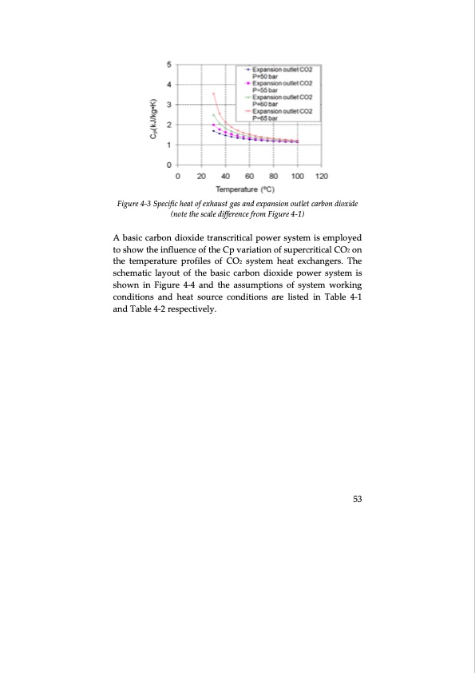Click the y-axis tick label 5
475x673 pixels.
[x=168, y=64]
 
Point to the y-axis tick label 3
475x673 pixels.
[x=168, y=104]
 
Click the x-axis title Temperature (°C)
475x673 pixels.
[x=245, y=189]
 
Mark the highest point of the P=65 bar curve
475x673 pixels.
[x=213, y=94]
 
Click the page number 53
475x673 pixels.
[x=358, y=499]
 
